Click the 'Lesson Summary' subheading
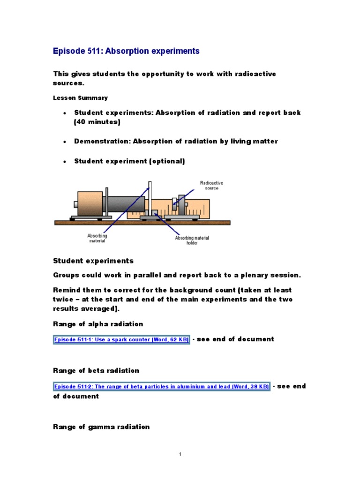[x=80, y=98]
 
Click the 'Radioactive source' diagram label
[x=209, y=185]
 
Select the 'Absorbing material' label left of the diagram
[x=97, y=238]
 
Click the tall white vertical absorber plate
[x=150, y=199]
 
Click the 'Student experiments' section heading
[x=93, y=261]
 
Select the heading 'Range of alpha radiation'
[x=98, y=324]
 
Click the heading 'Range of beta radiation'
[x=96, y=370]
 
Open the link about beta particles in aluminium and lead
[x=162, y=386]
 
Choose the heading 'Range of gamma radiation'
[x=101, y=427]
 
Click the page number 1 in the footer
[x=180, y=454]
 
